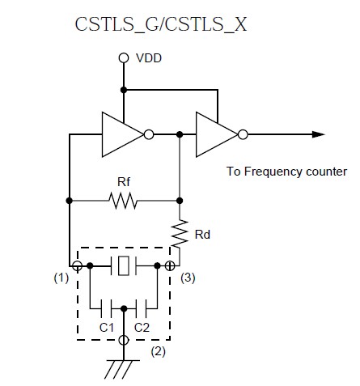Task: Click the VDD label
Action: coord(149,58)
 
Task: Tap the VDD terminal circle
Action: coord(124,57)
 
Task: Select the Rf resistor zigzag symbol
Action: coord(123,201)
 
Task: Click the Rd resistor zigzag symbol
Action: coord(180,233)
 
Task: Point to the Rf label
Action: coord(124,182)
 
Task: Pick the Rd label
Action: coord(202,235)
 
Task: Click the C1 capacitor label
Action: coord(107,328)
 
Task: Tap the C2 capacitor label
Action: coord(142,328)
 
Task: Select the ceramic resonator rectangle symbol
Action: coord(124,266)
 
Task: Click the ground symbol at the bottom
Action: coord(123,369)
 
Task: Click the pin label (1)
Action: coord(61,278)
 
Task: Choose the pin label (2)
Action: coord(159,351)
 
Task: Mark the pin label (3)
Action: coord(188,278)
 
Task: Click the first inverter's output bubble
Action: coord(149,134)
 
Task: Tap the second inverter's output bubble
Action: coord(243,134)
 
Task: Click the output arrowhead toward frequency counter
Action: coord(318,134)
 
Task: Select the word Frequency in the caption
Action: coord(273,172)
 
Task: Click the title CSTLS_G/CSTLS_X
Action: coord(161,24)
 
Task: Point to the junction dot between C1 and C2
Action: coord(124,308)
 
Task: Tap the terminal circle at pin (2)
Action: coord(124,340)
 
